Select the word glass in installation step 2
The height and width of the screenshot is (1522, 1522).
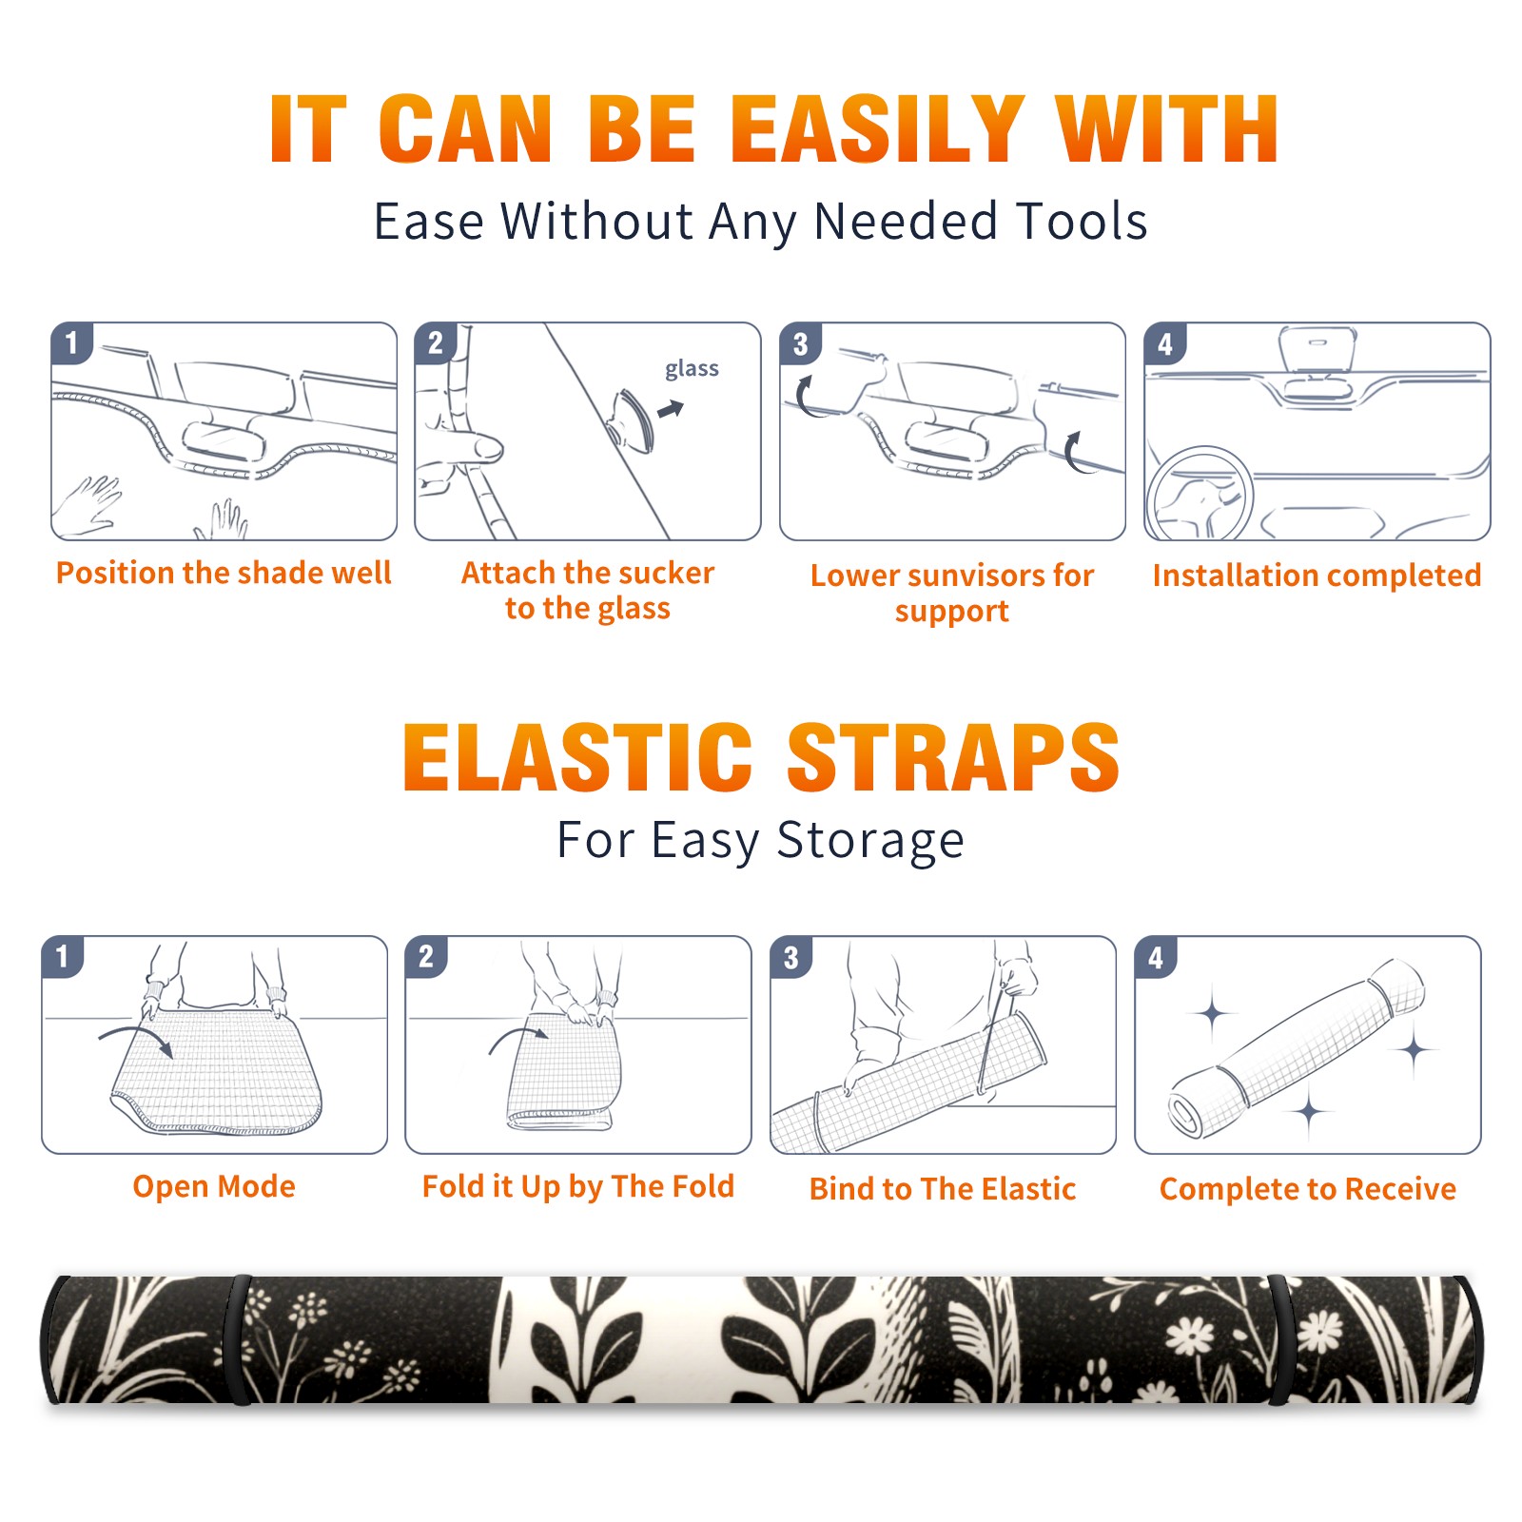tap(692, 369)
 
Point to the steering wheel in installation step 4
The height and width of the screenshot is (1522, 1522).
tap(1200, 494)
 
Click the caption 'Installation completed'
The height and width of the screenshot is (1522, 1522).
tap(1317, 576)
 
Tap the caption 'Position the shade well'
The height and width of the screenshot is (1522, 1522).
tap(224, 573)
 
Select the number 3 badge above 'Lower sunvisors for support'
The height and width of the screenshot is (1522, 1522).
tap(800, 343)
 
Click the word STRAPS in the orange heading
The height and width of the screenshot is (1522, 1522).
tap(953, 757)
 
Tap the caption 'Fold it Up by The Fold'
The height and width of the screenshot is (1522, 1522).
tap(578, 1186)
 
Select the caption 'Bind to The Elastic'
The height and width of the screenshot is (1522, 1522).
tap(943, 1189)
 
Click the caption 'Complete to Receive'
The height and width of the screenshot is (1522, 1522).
tap(1308, 1189)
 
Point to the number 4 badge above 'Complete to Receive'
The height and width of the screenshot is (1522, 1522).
tap(1156, 957)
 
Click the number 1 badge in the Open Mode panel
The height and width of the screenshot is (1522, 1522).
tap(63, 956)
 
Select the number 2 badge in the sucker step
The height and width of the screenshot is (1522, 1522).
tap(436, 343)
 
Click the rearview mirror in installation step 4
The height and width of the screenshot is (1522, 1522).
tap(1317, 349)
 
